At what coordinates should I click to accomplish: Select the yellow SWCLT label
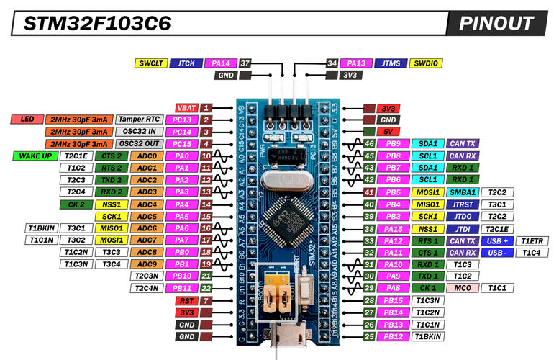click(x=150, y=63)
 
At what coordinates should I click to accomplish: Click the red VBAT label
click(x=186, y=107)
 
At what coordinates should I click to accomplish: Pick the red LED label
click(x=27, y=120)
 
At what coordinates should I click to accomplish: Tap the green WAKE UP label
click(x=34, y=156)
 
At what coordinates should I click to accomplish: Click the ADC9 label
click(x=146, y=264)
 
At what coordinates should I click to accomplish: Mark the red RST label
click(x=186, y=300)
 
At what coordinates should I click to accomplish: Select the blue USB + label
click(x=498, y=240)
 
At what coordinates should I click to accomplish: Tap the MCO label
click(x=463, y=288)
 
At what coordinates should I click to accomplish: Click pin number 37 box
click(x=246, y=63)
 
